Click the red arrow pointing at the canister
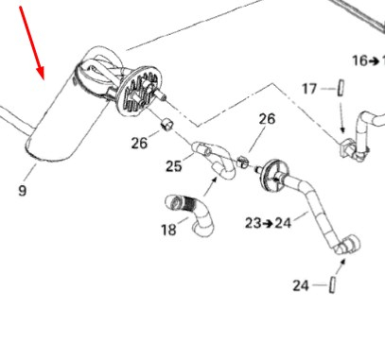(x=32, y=43)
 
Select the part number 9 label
(x=22, y=191)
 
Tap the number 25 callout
(x=174, y=166)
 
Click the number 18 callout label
(x=168, y=230)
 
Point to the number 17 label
(x=309, y=89)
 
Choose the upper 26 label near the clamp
(x=267, y=119)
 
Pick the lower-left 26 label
(x=139, y=144)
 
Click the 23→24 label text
(x=268, y=223)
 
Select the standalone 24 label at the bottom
(x=301, y=285)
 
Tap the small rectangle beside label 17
(x=341, y=88)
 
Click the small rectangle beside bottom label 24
(x=332, y=284)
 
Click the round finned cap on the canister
(x=139, y=91)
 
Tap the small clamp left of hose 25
(x=167, y=126)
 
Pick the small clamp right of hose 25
(x=242, y=162)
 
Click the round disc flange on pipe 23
(x=274, y=175)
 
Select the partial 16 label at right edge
(x=368, y=60)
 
